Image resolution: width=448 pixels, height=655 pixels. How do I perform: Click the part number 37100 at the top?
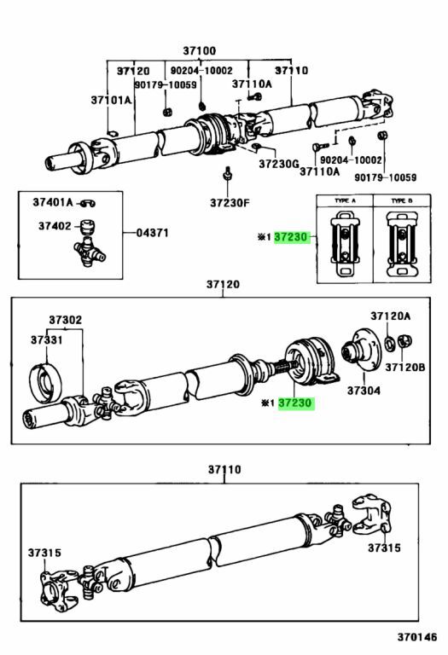point(200,51)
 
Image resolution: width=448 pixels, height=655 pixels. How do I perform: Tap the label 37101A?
point(111,101)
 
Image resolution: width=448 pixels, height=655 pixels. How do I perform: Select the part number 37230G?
point(279,164)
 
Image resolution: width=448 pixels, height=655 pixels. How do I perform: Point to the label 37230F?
point(230,203)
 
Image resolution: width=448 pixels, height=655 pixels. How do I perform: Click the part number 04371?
point(153,232)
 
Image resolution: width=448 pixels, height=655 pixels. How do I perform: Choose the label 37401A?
point(53,203)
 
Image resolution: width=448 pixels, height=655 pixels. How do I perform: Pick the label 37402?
point(55,226)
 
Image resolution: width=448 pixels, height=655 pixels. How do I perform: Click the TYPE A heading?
point(345,201)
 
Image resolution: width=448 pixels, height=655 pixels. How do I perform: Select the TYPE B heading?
point(402,201)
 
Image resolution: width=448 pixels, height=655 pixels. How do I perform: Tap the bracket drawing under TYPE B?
point(402,244)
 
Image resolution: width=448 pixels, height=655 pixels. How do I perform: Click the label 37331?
point(46,340)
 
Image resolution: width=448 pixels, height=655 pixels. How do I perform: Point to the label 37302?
point(65,320)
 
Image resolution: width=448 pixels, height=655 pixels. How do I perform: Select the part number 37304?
point(364,391)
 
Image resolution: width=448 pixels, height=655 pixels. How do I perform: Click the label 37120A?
point(390,316)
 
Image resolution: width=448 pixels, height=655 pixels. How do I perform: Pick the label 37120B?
point(405,368)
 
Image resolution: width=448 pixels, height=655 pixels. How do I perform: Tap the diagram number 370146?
point(416,637)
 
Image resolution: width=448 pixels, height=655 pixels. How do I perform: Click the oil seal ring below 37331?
point(45,384)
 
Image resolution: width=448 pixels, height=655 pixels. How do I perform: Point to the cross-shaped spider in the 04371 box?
point(90,252)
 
